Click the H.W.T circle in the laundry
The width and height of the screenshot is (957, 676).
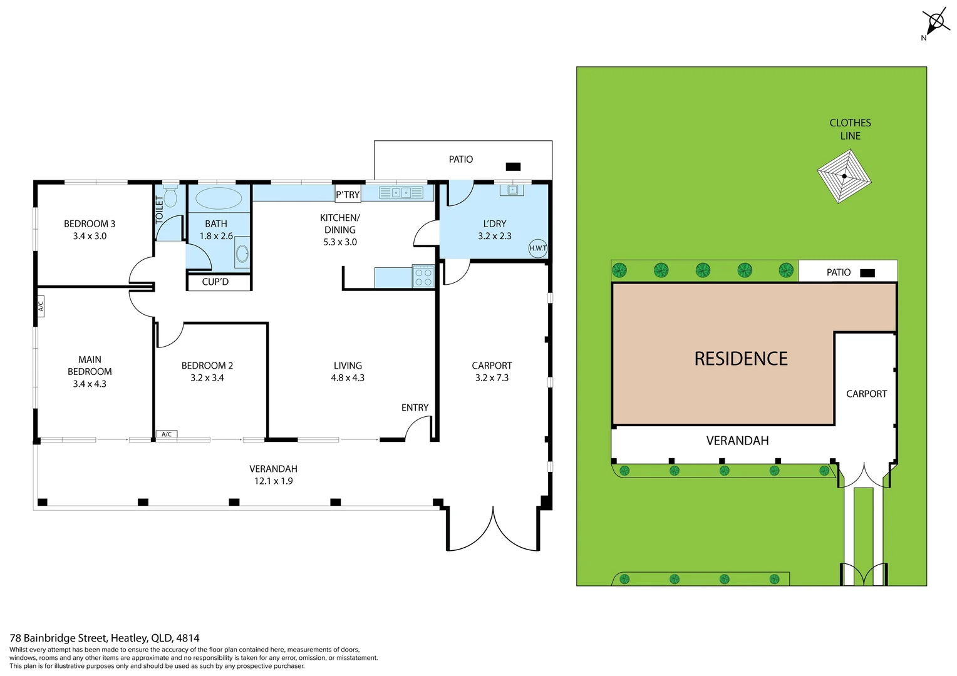(537, 248)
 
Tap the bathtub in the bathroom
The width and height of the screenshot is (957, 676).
(219, 198)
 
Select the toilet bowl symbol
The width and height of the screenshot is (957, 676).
(170, 197)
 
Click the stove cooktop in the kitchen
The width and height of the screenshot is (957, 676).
(423, 276)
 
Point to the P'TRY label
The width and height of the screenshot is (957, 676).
(348, 195)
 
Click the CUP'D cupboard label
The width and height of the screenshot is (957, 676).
(215, 282)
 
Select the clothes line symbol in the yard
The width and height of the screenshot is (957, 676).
(844, 176)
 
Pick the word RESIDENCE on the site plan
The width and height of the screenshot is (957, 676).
(741, 359)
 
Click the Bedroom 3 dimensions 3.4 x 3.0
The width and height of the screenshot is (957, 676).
(90, 236)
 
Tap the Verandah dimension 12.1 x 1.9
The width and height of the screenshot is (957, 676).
(273, 481)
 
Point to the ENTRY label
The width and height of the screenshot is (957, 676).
(415, 407)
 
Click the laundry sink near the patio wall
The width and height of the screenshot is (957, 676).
(513, 190)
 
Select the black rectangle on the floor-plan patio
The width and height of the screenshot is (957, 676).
(513, 166)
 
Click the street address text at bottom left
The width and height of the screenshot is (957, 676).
(105, 638)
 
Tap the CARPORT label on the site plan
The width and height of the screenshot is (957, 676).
(866, 394)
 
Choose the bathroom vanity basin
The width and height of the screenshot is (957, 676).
(242, 253)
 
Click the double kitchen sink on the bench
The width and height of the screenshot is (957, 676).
(401, 193)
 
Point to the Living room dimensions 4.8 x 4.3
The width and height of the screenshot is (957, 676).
(348, 378)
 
